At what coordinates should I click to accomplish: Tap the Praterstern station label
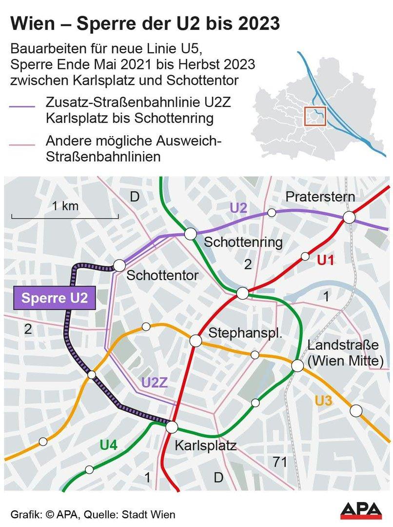coord(320,197)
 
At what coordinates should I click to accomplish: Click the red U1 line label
coord(325,261)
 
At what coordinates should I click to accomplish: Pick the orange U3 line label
coord(324,402)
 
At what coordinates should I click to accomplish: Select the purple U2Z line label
coord(155,383)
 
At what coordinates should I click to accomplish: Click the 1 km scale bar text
coord(65,206)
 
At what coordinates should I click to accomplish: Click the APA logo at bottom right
coord(361,511)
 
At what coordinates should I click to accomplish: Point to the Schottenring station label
coord(236,243)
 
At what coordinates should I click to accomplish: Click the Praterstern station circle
coord(349,218)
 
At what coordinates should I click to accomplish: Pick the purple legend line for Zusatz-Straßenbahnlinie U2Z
coord(22,106)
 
